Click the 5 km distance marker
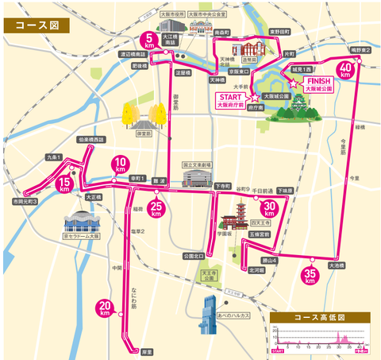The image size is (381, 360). [149, 39]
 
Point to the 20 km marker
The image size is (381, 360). [104, 307]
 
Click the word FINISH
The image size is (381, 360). [317, 81]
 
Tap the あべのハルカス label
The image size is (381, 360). [232, 315]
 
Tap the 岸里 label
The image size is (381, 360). [146, 348]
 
